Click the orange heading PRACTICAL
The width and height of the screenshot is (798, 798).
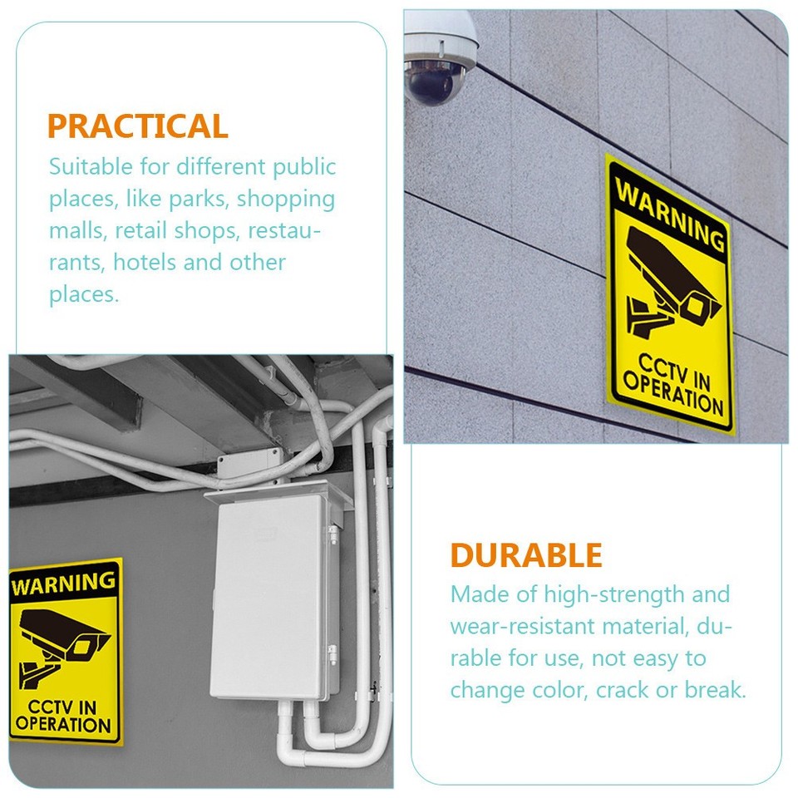pos(137,126)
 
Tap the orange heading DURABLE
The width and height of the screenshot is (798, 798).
pos(526,554)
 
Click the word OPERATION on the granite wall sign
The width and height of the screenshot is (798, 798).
pos(673,396)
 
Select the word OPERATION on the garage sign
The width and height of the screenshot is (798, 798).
pos(63,723)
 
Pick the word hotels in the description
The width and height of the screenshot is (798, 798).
pos(145,263)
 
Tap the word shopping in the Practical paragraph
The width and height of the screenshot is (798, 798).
pos(287,199)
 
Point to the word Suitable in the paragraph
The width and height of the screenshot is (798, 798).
pos(91,166)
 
